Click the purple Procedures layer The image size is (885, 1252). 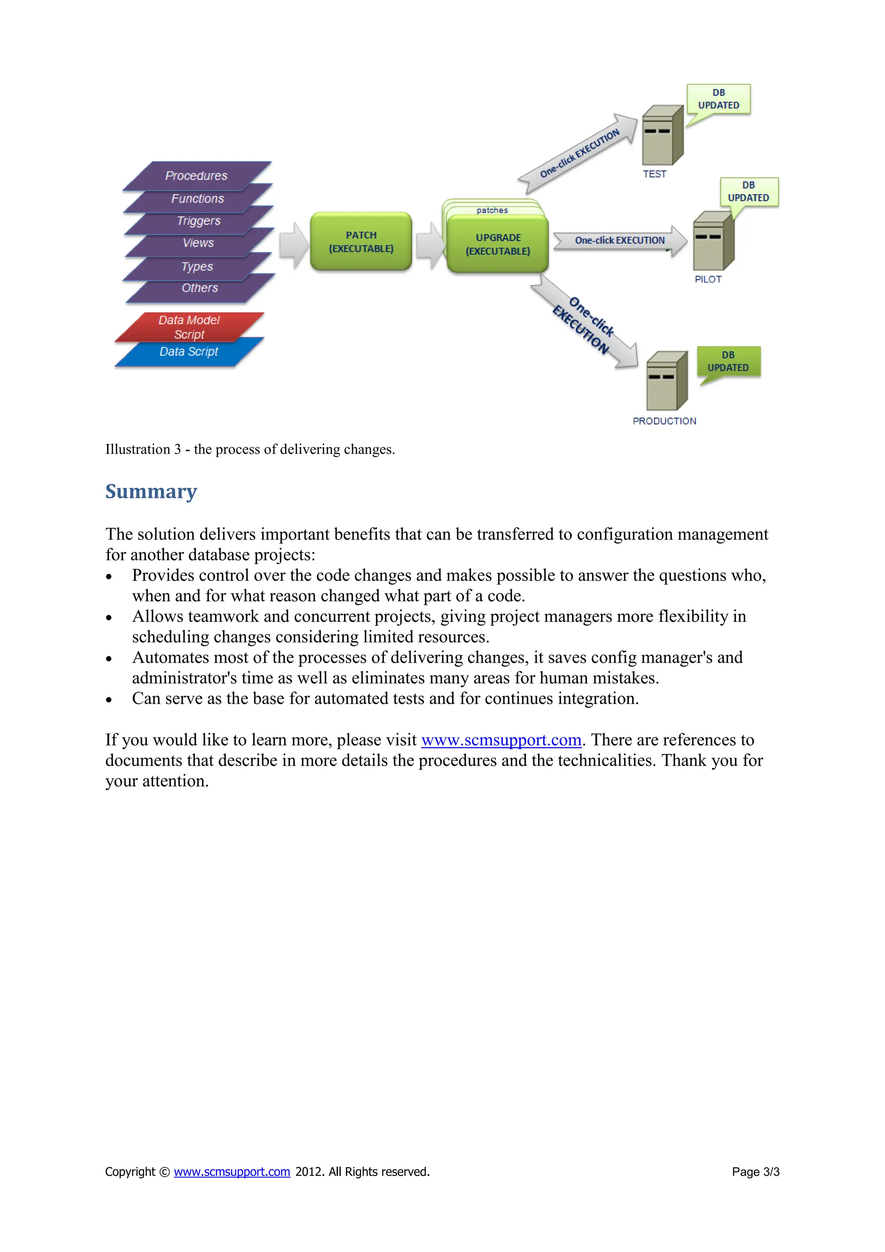coord(197,176)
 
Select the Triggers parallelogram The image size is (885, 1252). coord(198,221)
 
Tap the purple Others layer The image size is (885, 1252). coord(200,288)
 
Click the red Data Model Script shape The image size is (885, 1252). coord(189,327)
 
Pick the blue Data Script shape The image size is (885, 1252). coord(188,352)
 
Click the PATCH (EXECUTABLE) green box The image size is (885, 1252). coord(361,242)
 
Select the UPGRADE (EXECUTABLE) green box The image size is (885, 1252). coord(497,244)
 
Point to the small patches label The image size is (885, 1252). coord(492,210)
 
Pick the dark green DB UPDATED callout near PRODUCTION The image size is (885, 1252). coord(728,361)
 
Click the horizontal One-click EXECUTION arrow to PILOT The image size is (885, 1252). coord(620,240)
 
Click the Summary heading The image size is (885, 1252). coord(151,491)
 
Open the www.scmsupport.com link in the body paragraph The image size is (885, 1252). coord(501,740)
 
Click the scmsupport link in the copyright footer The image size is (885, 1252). coord(232,1172)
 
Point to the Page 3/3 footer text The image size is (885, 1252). coord(755,1172)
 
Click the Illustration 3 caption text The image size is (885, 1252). coord(250,449)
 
